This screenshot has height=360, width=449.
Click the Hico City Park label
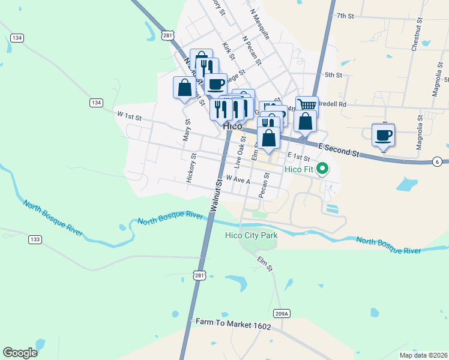pyautogui.click(x=252, y=235)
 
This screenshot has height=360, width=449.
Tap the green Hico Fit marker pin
pyautogui.click(x=322, y=169)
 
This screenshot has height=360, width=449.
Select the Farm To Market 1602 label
pyautogui.click(x=233, y=323)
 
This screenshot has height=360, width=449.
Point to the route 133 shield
pyautogui.click(x=35, y=239)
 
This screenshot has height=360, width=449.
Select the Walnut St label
pyautogui.click(x=216, y=192)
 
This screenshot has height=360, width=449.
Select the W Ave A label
pyautogui.click(x=238, y=179)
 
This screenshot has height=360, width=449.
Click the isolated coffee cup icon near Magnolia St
pyautogui.click(x=383, y=134)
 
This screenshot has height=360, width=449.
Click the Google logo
pyautogui.click(x=20, y=352)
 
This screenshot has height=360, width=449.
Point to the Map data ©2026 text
pyautogui.click(x=423, y=355)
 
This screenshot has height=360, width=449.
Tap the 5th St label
pyautogui.click(x=333, y=75)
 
